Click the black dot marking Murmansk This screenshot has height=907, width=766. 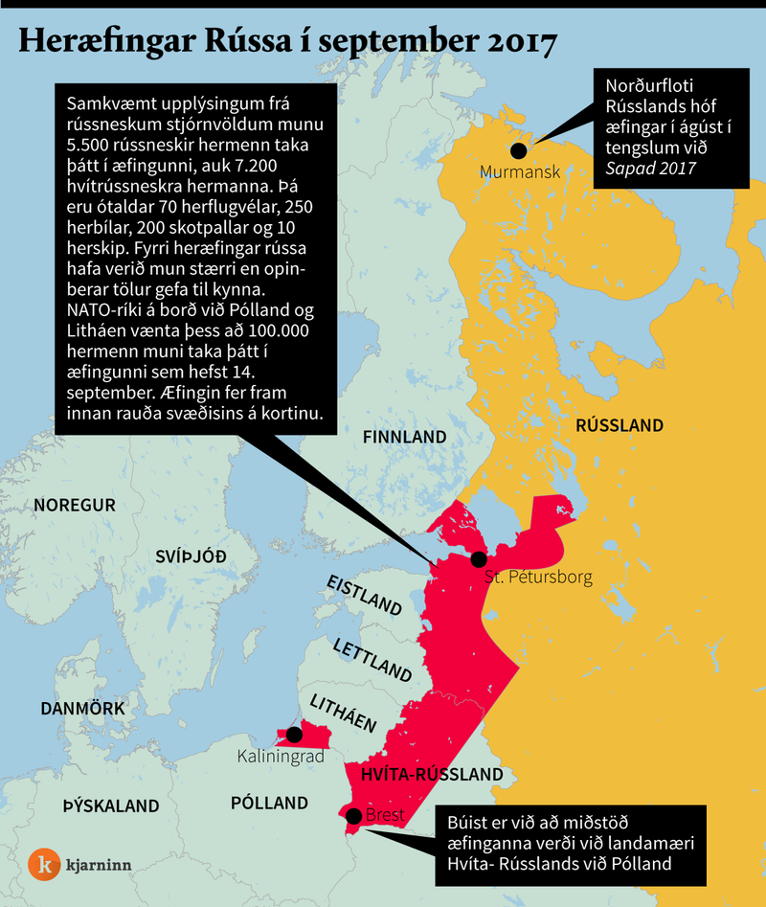(x=519, y=150)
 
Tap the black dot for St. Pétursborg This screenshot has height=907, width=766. (x=479, y=559)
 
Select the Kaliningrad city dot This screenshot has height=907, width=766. (x=294, y=735)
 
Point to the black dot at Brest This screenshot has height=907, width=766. (x=353, y=816)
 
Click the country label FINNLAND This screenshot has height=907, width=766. (x=405, y=437)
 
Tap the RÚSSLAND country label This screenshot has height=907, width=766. (x=620, y=425)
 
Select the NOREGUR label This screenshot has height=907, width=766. (x=74, y=505)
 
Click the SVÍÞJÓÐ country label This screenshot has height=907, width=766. (x=191, y=556)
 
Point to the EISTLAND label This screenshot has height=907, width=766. (x=363, y=595)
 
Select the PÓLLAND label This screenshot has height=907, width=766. (x=269, y=803)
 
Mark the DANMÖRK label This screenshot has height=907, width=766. (x=82, y=709)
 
